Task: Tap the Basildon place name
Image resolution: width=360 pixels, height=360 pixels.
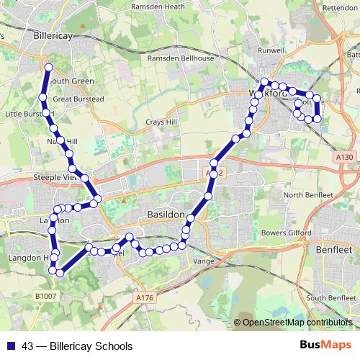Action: [165, 215]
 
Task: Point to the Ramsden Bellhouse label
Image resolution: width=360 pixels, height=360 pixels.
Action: [181, 58]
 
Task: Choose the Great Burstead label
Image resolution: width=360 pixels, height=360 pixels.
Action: [78, 99]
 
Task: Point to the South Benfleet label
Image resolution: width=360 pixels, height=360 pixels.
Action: [331, 297]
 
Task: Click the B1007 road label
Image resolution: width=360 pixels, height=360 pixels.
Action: [45, 295]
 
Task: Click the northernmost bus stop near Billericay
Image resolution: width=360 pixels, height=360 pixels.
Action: [49, 68]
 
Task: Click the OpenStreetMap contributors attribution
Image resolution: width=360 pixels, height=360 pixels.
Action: [297, 323]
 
